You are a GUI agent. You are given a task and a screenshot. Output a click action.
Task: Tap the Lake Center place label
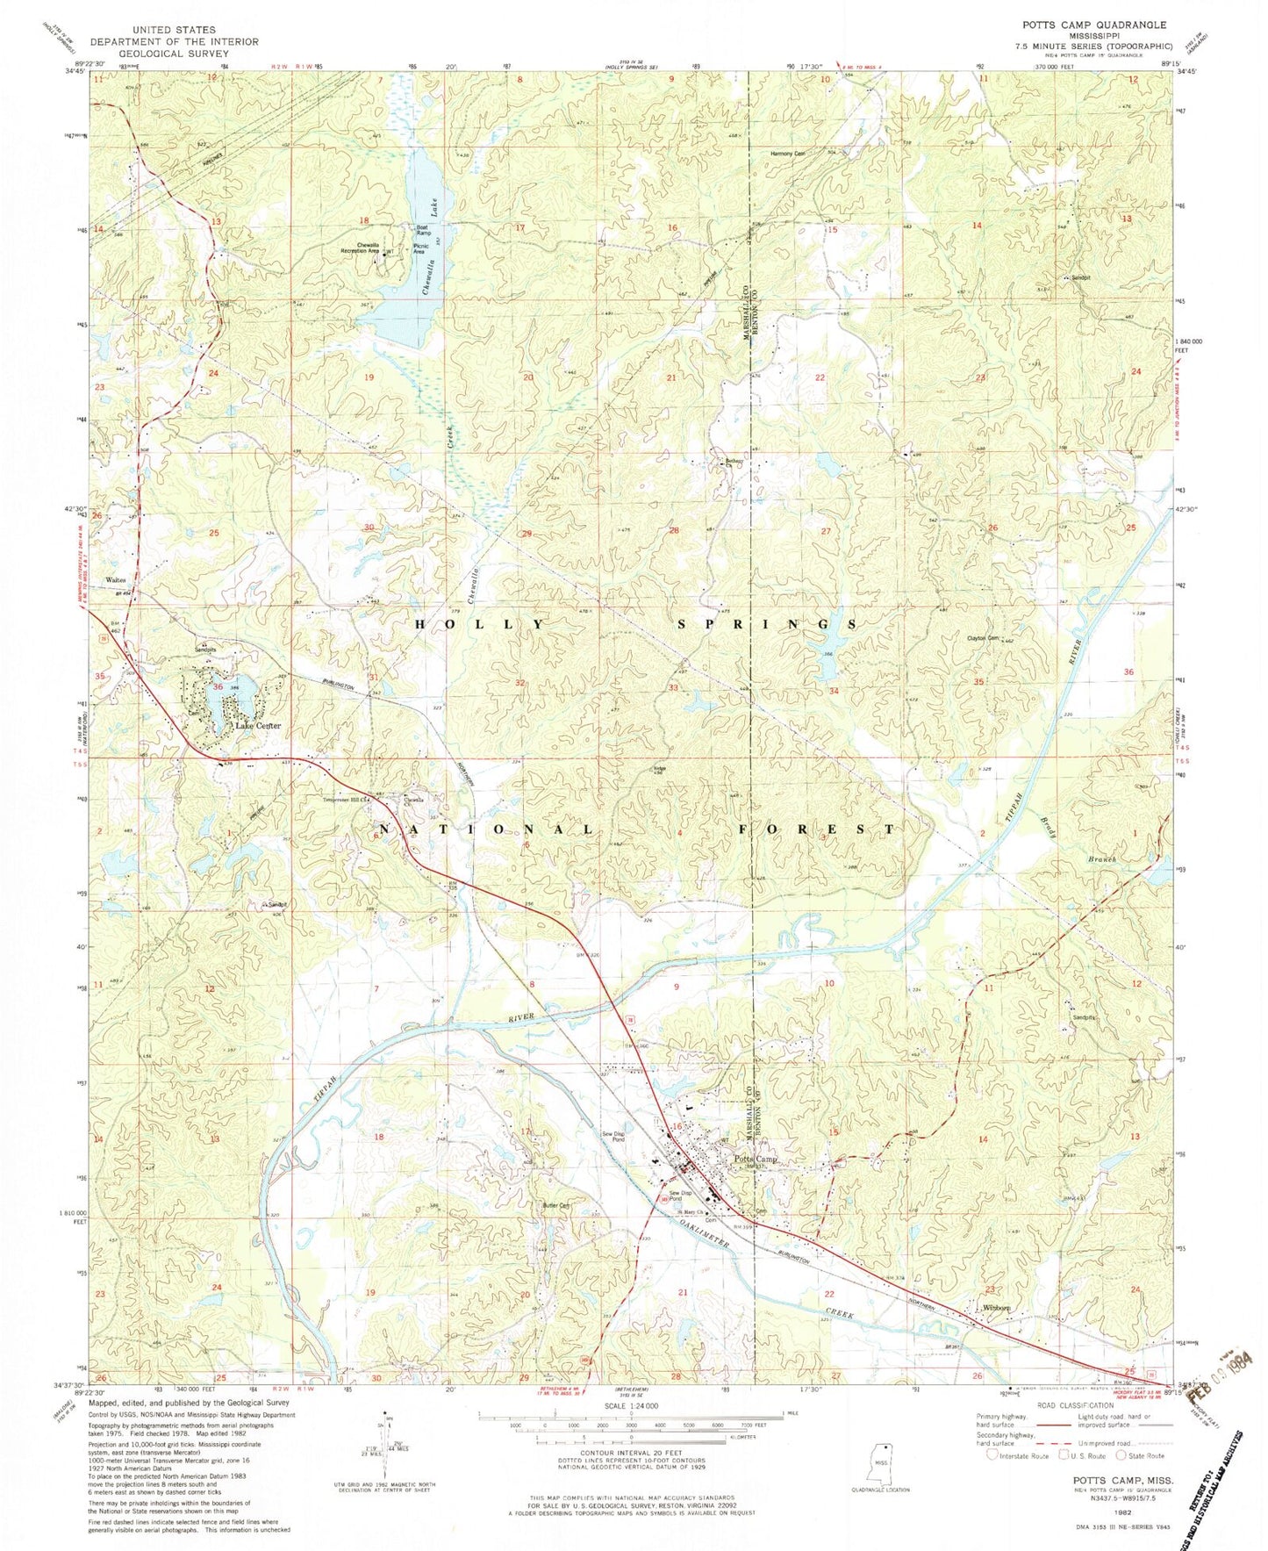click(x=257, y=726)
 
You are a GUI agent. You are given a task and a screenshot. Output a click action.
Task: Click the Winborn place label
click(x=997, y=1308)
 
